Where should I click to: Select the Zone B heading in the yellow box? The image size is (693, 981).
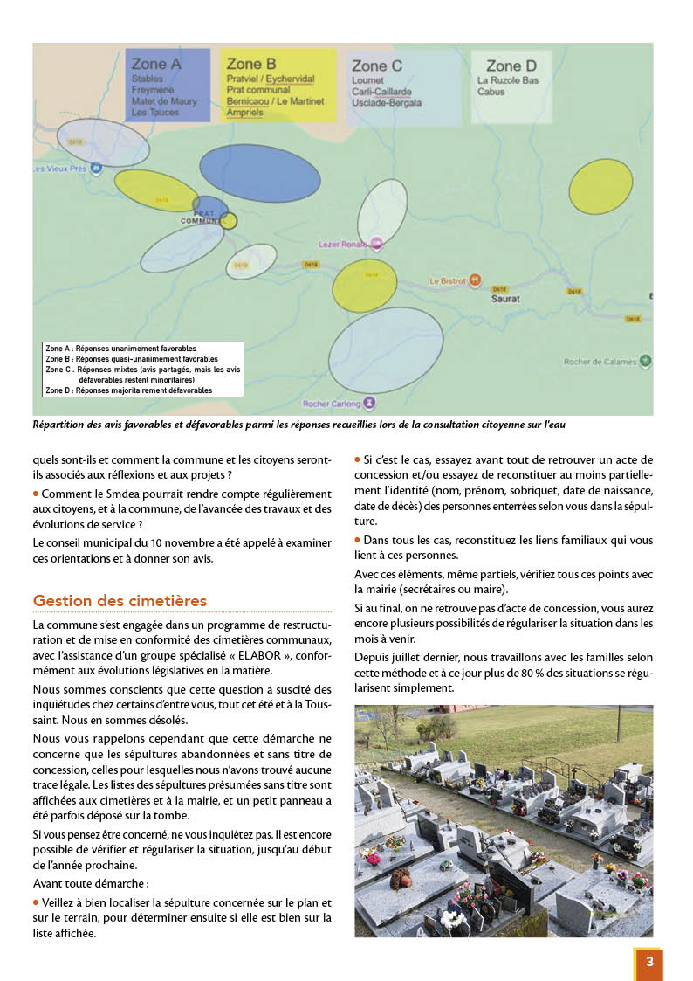coord(251,64)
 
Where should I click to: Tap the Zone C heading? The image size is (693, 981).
coord(376,66)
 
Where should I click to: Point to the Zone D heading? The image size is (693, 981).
coord(511,66)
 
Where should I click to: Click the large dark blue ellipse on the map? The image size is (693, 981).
coord(259,173)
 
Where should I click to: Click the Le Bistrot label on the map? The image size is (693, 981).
coord(447,281)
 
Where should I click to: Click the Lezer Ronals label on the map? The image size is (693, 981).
coord(343,245)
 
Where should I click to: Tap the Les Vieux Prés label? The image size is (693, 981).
coord(59,169)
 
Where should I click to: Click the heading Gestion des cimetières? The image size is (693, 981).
coord(120,601)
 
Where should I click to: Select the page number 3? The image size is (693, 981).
coord(648,962)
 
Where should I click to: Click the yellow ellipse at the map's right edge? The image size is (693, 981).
coord(600,186)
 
